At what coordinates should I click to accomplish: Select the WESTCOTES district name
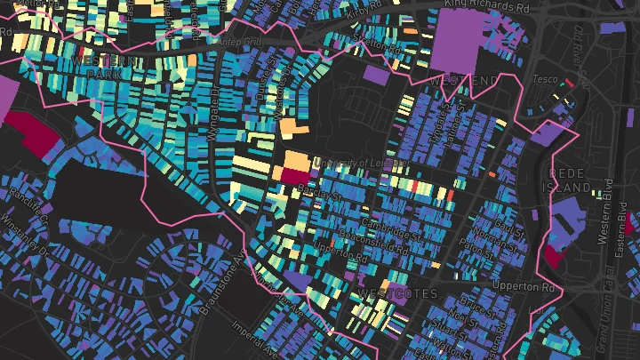(396, 292)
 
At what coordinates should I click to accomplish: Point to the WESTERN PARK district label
(105, 66)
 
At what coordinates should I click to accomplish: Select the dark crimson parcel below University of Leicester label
(293, 174)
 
